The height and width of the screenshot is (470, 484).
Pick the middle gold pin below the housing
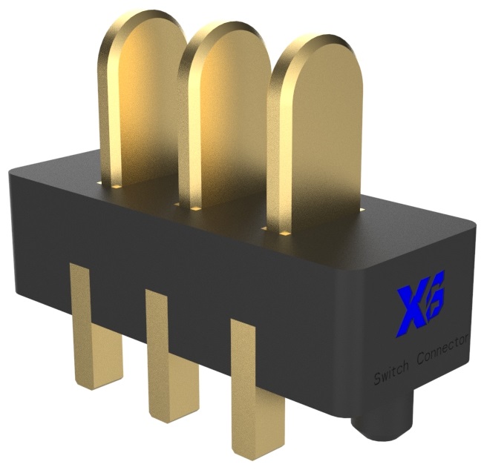click(x=169, y=363)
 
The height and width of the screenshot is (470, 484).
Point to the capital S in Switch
click(x=376, y=383)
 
